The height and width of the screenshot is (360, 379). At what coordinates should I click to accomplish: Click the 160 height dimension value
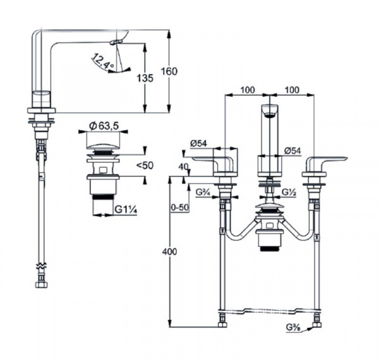point(169,71)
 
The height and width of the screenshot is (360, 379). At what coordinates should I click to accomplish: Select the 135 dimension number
point(145,78)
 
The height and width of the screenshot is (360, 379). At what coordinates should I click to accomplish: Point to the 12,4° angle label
point(102,61)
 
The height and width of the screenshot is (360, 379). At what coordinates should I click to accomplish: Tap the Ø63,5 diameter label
point(104,126)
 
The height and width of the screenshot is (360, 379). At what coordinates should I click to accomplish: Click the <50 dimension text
point(145,165)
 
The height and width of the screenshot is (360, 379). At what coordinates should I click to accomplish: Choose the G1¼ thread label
point(126,209)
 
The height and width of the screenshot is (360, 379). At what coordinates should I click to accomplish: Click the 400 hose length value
point(169,252)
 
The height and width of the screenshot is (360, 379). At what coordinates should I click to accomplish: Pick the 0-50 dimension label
point(179,208)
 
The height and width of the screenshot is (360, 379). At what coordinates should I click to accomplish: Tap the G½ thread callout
point(289,192)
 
